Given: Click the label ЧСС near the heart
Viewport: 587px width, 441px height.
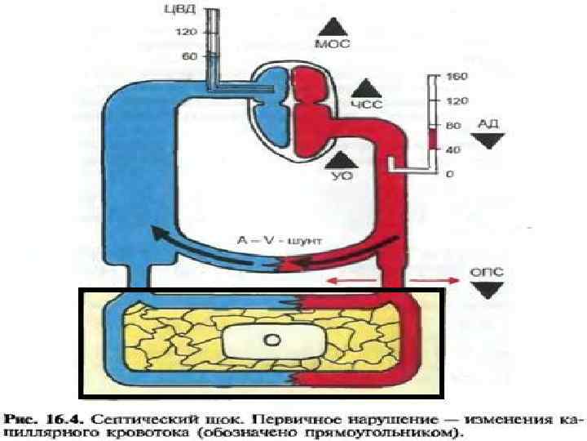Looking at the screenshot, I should point(366,105).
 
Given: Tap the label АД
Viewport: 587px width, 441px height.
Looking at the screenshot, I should point(487,123).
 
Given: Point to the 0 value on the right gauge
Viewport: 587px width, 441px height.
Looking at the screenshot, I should point(451,174).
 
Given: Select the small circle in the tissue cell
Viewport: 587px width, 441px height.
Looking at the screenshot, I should point(274,339).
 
